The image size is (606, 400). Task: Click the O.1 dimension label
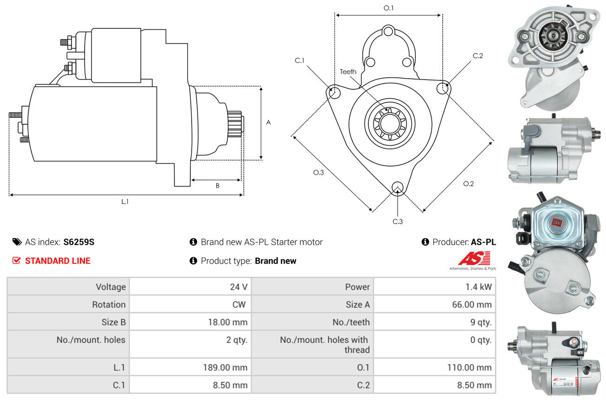click(x=388, y=8)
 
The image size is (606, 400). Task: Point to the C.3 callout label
click(x=398, y=222)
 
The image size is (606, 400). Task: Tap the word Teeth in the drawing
click(x=348, y=72)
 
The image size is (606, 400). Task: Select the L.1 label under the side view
click(x=125, y=201)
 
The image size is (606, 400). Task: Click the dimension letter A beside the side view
click(x=268, y=123)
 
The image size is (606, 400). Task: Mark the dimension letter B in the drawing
click(x=218, y=186)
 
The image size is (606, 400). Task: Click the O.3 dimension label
click(x=319, y=173)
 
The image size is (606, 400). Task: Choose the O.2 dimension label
click(x=468, y=184)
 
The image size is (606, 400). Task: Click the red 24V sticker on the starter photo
click(x=557, y=222)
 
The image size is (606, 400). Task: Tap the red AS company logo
click(x=474, y=259)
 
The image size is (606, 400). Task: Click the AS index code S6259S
click(x=79, y=242)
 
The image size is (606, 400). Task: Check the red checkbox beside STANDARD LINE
click(x=16, y=260)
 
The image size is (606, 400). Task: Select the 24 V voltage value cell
click(x=191, y=287)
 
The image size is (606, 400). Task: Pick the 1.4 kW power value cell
click(x=434, y=287)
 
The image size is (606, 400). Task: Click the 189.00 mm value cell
click(x=191, y=367)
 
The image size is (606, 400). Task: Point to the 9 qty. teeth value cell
click(x=434, y=322)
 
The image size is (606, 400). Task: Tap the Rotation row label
click(x=109, y=305)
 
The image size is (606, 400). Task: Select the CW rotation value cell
click(x=191, y=305)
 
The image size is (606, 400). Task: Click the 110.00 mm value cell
click(x=434, y=367)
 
